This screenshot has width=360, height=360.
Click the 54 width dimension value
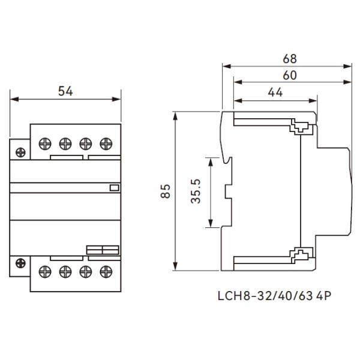(65, 91)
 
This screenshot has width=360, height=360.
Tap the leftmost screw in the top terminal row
(44, 143)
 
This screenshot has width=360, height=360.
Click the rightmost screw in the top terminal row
(106, 143)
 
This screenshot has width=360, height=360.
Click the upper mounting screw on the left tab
(20, 152)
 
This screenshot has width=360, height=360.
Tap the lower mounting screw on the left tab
(20, 262)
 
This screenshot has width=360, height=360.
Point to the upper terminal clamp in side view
(300, 127)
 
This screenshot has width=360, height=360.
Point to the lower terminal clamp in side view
(300, 256)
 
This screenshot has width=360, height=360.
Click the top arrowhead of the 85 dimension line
(175, 115)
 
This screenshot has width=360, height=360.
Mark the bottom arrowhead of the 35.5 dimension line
(210, 224)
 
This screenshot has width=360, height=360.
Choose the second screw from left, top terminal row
(65, 143)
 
